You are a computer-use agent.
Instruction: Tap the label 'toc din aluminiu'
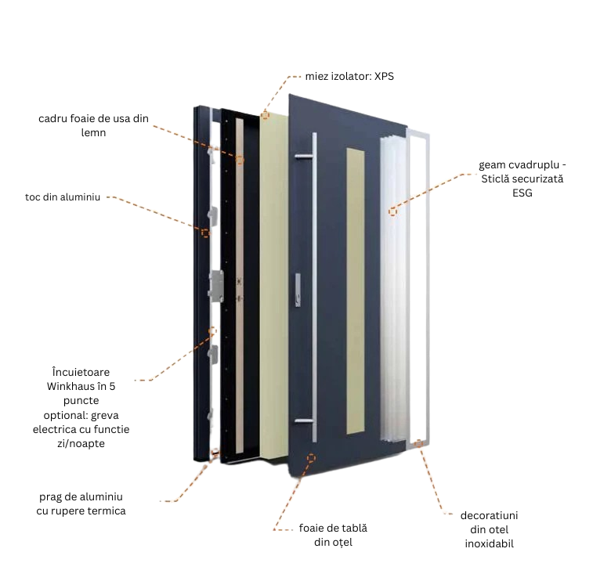(63, 197)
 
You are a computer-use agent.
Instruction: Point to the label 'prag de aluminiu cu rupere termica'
(81, 503)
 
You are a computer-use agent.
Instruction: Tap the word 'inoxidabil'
(488, 543)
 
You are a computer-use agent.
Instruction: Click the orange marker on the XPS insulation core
(266, 116)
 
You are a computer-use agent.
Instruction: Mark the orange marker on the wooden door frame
(240, 160)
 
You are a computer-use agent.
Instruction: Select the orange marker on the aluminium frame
(205, 233)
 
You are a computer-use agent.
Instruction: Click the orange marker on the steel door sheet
(311, 457)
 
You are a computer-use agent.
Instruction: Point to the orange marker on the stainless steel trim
(419, 444)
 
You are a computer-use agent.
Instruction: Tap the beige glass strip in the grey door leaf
(354, 290)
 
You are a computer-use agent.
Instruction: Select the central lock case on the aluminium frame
(215, 284)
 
